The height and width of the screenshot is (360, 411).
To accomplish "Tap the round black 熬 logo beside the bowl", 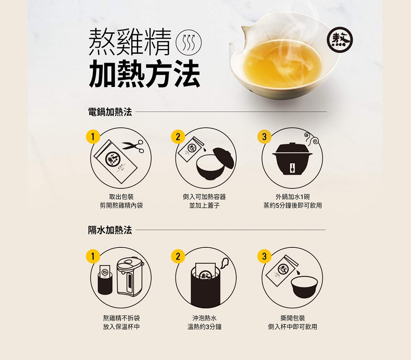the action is click(x=340, y=40).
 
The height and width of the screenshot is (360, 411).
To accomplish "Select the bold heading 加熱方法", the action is click(x=144, y=73).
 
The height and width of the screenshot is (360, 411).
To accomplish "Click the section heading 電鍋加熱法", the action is click(x=110, y=112).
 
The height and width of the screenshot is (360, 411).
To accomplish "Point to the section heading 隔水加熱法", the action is click(x=110, y=230).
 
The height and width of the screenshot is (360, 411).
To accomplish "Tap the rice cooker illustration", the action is click(x=292, y=159).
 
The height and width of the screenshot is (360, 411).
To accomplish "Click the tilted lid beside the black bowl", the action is click(x=223, y=158).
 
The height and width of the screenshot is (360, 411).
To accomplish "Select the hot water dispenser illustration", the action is click(x=130, y=277).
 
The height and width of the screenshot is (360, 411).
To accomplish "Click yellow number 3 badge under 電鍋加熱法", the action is click(x=264, y=137).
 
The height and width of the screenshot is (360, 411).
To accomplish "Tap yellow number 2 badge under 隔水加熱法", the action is click(x=178, y=256).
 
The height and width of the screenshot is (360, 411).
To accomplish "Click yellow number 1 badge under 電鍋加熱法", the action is click(x=93, y=137).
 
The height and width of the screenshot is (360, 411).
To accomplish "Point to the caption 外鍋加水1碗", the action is click(x=292, y=197).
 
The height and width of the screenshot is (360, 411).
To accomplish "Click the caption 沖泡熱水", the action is click(x=205, y=318).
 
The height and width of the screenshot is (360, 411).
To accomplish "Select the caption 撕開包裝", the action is click(x=292, y=318).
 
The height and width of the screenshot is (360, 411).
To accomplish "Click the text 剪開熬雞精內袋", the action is click(x=121, y=205).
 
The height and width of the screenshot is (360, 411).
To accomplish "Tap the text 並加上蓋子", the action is click(x=205, y=205).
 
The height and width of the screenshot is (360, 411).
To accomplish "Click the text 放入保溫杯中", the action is click(x=121, y=327).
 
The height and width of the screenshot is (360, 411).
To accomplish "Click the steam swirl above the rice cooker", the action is click(x=312, y=138).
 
